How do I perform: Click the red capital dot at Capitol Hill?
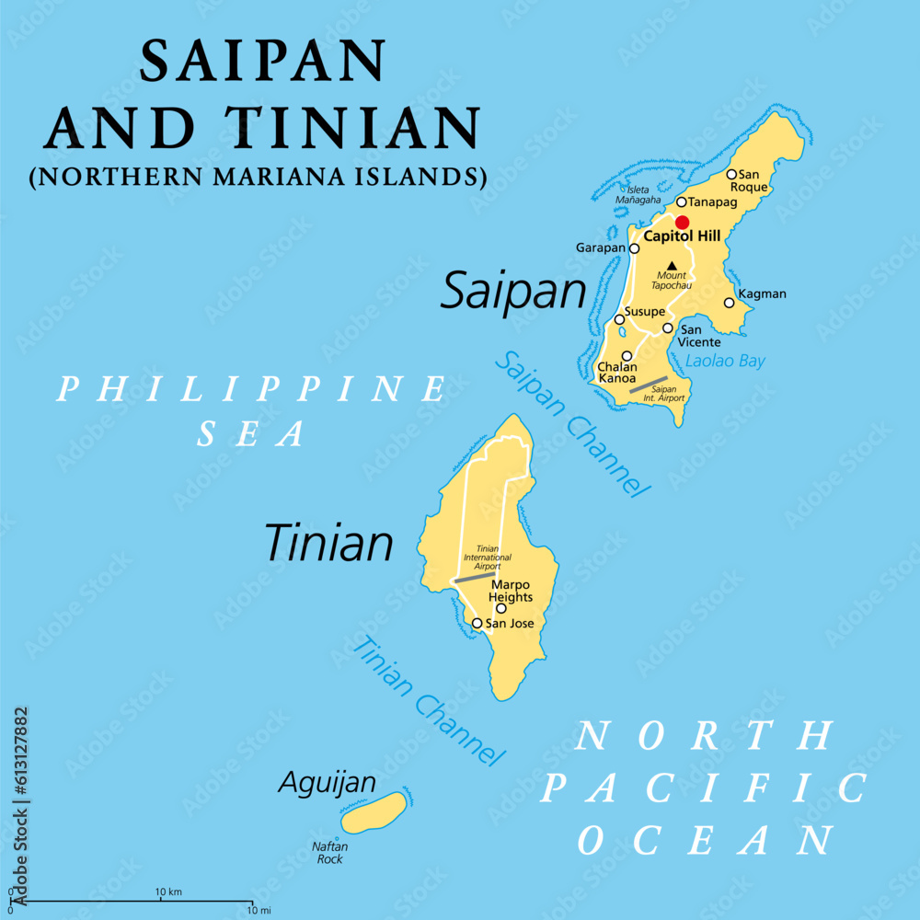tap(682, 222)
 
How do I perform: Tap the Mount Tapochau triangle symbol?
tap(671, 265)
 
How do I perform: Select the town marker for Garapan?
tap(634, 248)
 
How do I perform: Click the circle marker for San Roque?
tap(731, 174)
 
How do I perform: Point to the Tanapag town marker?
tap(682, 202)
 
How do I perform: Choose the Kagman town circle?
tap(729, 303)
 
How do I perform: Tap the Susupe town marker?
tap(619, 319)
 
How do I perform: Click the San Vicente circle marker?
tap(668, 328)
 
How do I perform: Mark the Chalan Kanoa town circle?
tap(627, 356)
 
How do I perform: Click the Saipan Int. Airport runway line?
tap(648, 385)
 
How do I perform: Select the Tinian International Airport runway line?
tap(475, 577)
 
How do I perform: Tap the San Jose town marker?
tap(477, 623)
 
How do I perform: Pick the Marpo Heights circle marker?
tap(500, 608)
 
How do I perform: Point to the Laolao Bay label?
tap(725, 362)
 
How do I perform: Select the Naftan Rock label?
tap(329, 853)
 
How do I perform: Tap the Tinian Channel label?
tap(429, 701)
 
